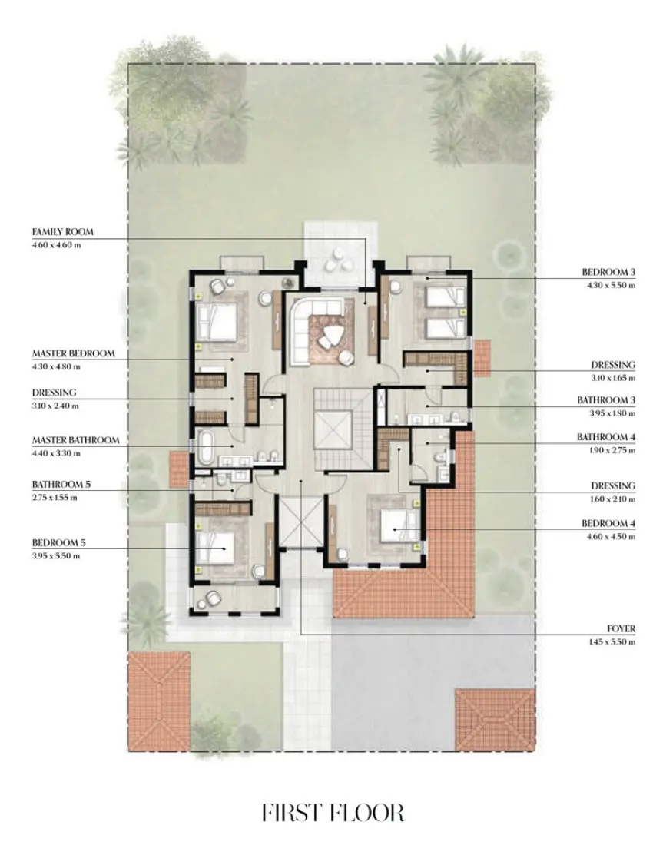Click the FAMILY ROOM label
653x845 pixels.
pos(62,232)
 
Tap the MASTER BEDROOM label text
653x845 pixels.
pos(73,353)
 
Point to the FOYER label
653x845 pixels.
pos(622,628)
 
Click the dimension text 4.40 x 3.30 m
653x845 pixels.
pos(56,453)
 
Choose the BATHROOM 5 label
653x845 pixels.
pos(61,484)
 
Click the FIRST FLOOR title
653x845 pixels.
pos(333,812)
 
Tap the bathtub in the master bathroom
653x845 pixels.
pos(205,447)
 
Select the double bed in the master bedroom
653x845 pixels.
pos(217,323)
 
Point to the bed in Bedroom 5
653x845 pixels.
pos(216,548)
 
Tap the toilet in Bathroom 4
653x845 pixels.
pos(440,457)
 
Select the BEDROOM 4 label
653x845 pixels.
pos(608,523)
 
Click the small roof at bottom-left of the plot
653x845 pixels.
pos(159,701)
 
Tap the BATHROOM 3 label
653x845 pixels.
pos(606,400)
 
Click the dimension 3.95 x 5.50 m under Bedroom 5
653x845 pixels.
pos(56,555)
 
